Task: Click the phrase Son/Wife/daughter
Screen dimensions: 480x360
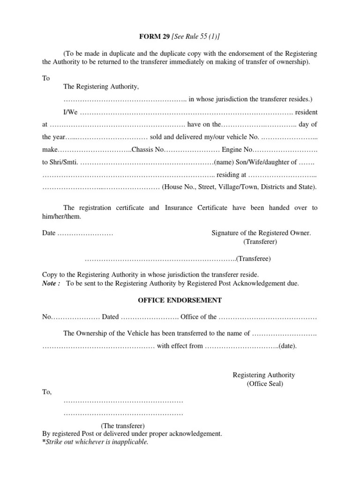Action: [x=263, y=162]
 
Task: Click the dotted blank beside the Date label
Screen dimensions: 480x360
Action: [x=85, y=233]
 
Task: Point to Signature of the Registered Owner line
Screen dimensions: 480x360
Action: [x=261, y=233]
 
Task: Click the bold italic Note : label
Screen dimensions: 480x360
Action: [x=51, y=284]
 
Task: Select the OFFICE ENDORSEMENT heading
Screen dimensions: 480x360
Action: [x=180, y=300]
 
